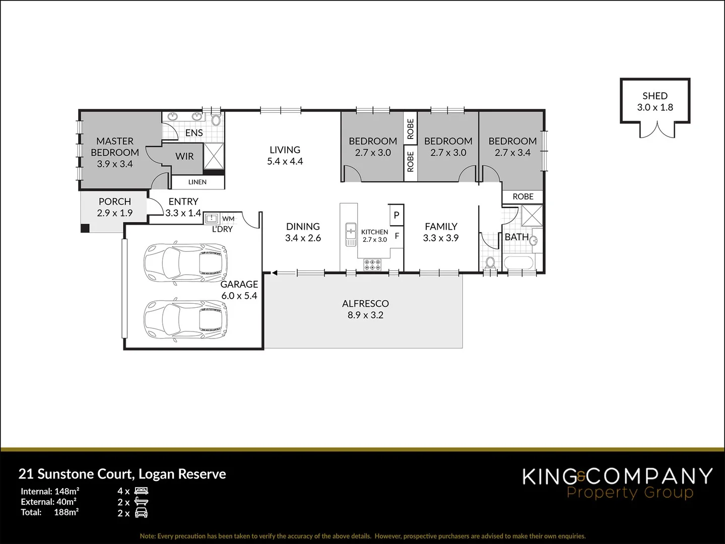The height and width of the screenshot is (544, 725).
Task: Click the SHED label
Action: (654, 96)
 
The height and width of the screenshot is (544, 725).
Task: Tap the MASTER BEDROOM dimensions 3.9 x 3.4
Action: (115, 164)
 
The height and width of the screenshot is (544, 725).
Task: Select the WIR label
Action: (184, 156)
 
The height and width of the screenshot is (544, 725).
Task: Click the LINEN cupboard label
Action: (197, 182)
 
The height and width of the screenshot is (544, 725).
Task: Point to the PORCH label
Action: (115, 201)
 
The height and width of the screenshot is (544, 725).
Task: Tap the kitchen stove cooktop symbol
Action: (372, 264)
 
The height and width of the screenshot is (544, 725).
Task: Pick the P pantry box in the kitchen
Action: (397, 215)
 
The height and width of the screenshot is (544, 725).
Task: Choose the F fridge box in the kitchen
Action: (397, 235)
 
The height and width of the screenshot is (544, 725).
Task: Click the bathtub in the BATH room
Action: (520, 263)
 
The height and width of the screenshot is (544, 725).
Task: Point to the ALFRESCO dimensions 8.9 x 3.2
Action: (365, 315)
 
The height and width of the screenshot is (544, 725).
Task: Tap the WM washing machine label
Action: (228, 219)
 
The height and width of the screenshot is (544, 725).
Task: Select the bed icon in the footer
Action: (142, 491)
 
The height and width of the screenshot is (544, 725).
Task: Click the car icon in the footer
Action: (142, 513)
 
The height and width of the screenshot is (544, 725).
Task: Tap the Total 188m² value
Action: (66, 512)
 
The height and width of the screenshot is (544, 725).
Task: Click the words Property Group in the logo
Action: (630, 492)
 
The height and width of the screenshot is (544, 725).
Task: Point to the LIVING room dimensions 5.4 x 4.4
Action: (285, 162)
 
